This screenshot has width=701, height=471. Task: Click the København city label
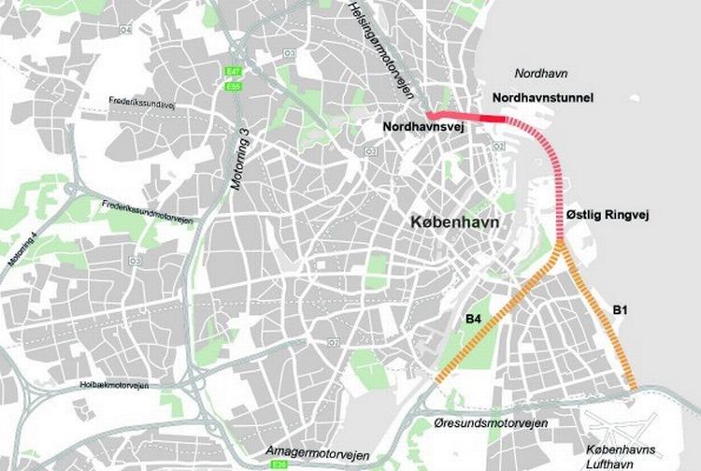tap(453, 224)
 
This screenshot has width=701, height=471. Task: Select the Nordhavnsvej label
tap(422, 125)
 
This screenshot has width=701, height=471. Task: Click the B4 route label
tap(473, 320)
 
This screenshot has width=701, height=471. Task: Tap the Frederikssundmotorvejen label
tap(148, 211)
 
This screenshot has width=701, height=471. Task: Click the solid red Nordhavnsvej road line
tap(467, 117)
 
